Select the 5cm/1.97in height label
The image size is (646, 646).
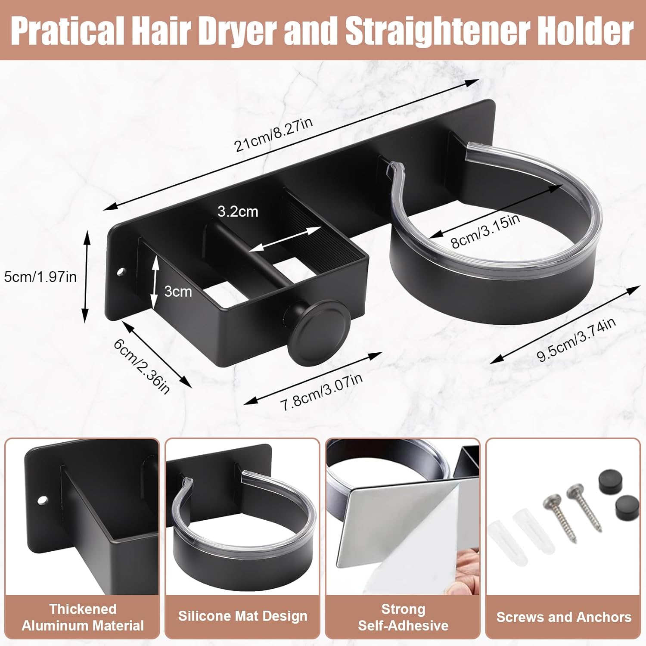point(40,276)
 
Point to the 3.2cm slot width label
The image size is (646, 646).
point(238,211)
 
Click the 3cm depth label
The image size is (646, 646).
point(178,292)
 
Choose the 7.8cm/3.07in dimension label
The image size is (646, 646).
point(322,392)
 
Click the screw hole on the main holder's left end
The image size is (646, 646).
point(121,272)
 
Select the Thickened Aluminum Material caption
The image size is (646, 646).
point(83,617)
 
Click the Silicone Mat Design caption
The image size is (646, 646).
point(243,616)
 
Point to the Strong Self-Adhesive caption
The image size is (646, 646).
point(403,617)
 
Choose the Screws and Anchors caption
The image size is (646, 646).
point(564,617)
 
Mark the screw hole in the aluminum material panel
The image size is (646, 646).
point(42,500)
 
